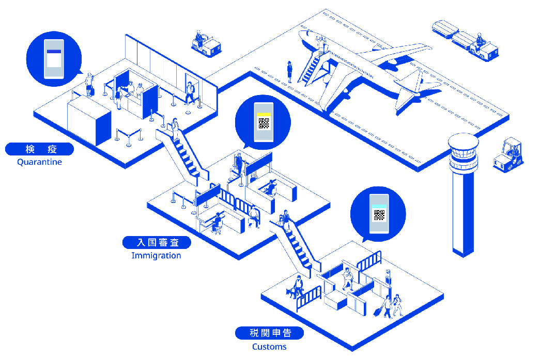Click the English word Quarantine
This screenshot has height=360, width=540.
(x=39, y=162)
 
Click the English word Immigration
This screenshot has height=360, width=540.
(x=156, y=255)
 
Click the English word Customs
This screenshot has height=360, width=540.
(x=269, y=347)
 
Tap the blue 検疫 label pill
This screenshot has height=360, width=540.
(x=39, y=149)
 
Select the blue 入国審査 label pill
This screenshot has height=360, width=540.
(x=157, y=242)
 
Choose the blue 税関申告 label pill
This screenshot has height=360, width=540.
(x=269, y=333)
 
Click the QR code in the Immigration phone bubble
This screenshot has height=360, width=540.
(x=264, y=123)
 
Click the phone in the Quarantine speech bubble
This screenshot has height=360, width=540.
(x=54, y=59)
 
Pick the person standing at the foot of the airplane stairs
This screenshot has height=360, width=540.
(x=289, y=72)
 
